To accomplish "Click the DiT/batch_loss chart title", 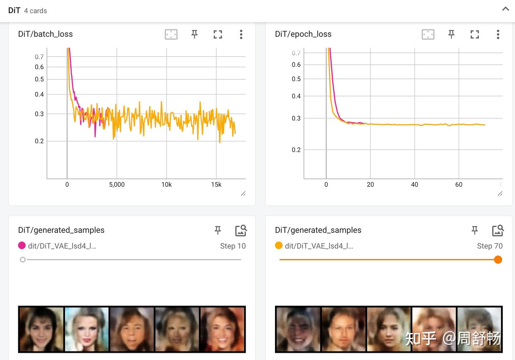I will pyautogui.click(x=45, y=34).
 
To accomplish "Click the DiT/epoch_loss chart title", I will pyautogui.click(x=303, y=34).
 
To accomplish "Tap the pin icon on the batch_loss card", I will pyautogui.click(x=195, y=34).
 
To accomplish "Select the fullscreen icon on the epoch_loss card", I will pyautogui.click(x=475, y=34).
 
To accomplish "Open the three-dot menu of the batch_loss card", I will pyautogui.click(x=241, y=34).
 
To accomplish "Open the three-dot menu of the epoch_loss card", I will pyautogui.click(x=498, y=34).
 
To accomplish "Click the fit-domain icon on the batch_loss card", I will pyautogui.click(x=171, y=34).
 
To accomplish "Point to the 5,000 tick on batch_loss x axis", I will pyautogui.click(x=117, y=185).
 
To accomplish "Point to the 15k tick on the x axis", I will pyautogui.click(x=216, y=185).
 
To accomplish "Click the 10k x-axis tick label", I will pyautogui.click(x=166, y=185).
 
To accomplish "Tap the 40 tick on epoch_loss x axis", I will pyautogui.click(x=415, y=185).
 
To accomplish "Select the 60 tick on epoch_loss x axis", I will pyautogui.click(x=459, y=185).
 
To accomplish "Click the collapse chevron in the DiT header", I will pyautogui.click(x=505, y=9).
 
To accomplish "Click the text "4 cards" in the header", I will pyautogui.click(x=35, y=11).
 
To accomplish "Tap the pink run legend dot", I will pyautogui.click(x=22, y=245).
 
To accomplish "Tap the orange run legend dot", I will pyautogui.click(x=279, y=245).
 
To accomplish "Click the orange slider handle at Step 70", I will pyautogui.click(x=498, y=260).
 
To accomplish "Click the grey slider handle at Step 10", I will pyautogui.click(x=23, y=260).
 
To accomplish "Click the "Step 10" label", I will pyautogui.click(x=233, y=246).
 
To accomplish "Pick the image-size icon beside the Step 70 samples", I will pyautogui.click(x=498, y=230).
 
